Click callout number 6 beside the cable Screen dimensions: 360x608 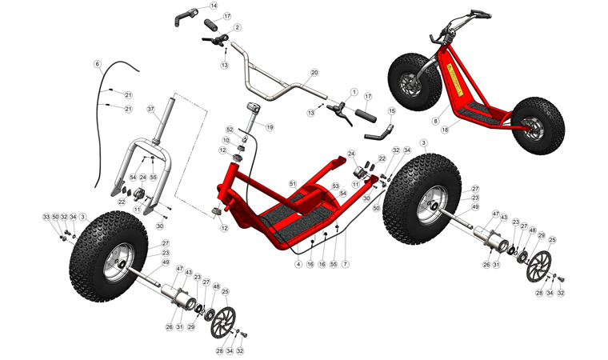(98, 64)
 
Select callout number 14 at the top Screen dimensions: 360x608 (214, 6)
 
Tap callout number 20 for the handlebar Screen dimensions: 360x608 (314, 72)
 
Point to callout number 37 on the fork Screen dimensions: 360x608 (150, 108)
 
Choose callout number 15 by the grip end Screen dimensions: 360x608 (392, 111)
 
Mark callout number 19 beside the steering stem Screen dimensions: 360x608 (270, 127)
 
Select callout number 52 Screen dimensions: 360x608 (229, 129)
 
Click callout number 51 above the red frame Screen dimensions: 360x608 (293, 183)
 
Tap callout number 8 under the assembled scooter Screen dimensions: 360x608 (436, 121)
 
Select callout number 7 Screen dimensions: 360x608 (346, 264)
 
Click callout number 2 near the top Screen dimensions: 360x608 (238, 27)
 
